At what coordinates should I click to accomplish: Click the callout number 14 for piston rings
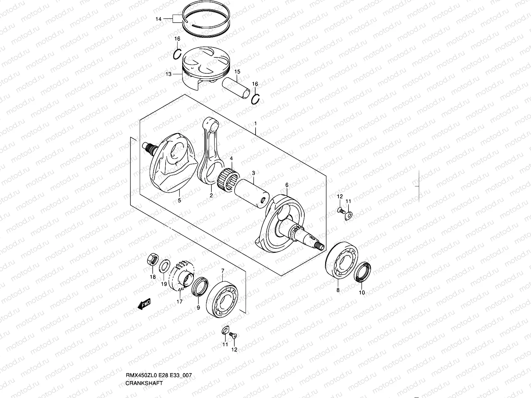point(159,20)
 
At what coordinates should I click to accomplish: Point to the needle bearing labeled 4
point(229,177)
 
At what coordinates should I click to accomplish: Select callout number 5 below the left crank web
point(179,201)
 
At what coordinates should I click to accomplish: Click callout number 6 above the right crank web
point(287,185)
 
